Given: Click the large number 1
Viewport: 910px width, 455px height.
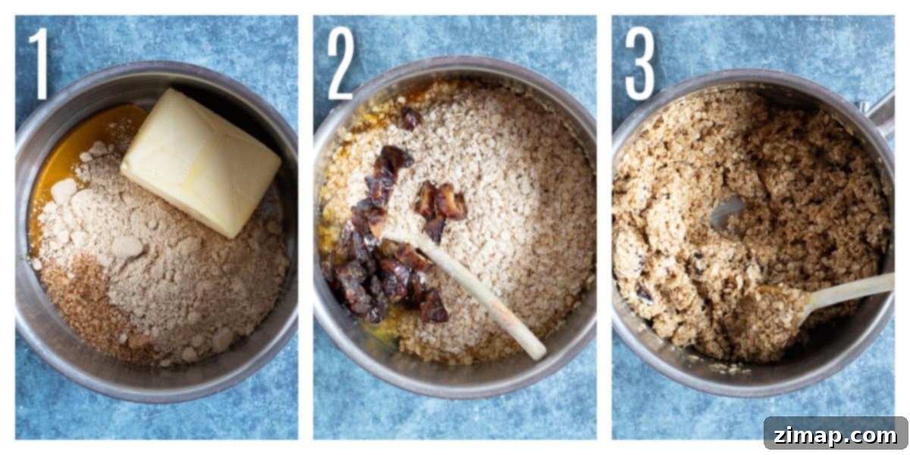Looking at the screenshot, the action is tap(39, 64).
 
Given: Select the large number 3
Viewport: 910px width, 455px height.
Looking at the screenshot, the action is tap(640, 64).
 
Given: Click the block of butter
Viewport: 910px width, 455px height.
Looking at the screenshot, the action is tap(201, 162).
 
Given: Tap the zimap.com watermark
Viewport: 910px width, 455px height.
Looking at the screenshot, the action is tap(835, 436).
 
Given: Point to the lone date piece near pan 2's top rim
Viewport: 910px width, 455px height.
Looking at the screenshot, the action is tap(410, 118).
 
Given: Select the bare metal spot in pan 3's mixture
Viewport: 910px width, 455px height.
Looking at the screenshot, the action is tap(727, 211).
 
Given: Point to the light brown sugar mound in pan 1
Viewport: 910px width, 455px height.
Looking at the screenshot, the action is tap(171, 264).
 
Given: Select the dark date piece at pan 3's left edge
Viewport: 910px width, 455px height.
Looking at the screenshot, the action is tap(645, 292).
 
